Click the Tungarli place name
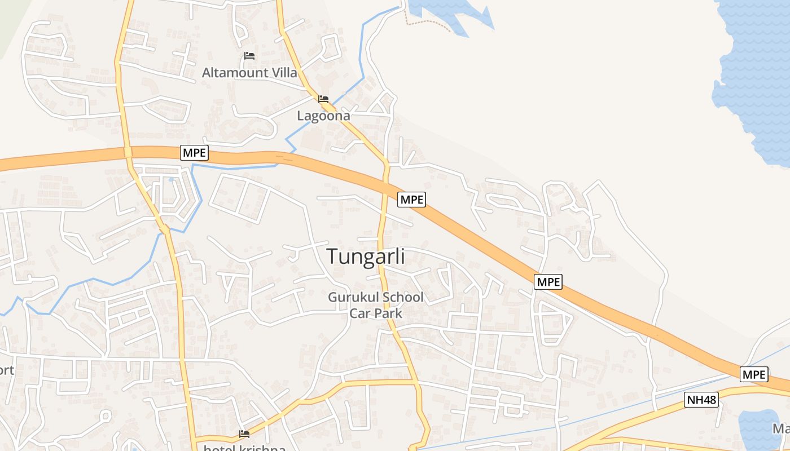click(366, 257)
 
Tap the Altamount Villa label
click(249, 73)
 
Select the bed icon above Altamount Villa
click(249, 56)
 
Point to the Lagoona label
click(324, 116)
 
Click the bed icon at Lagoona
click(323, 99)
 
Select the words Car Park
click(376, 313)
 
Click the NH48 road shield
click(701, 400)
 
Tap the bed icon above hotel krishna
click(244, 434)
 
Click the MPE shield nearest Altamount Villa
click(195, 152)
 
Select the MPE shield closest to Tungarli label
click(411, 199)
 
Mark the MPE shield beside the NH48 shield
click(754, 374)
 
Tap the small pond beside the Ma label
click(756, 431)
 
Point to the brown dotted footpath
click(429, 24)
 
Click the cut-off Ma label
click(782, 429)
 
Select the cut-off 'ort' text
click(7, 370)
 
